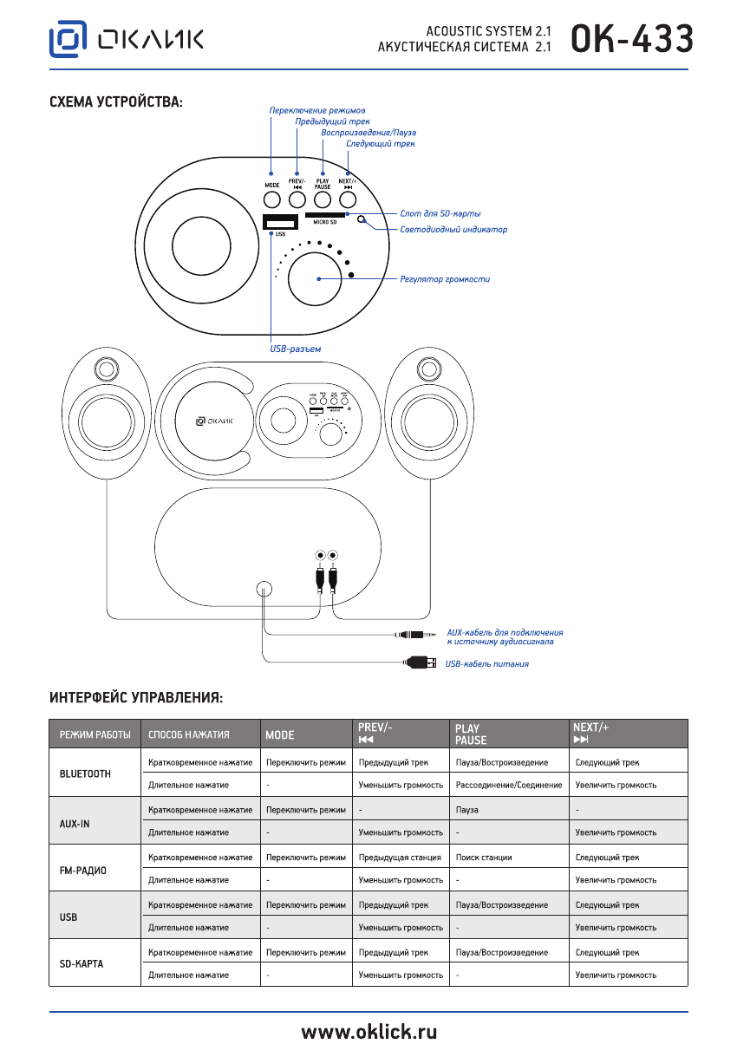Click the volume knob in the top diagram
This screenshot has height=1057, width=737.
pyautogui.click(x=319, y=278)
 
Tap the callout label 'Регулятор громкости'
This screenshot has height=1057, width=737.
pyautogui.click(x=445, y=279)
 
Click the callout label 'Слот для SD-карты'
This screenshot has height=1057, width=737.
pyautogui.click(x=440, y=213)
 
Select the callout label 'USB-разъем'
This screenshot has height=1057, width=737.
pyautogui.click(x=296, y=349)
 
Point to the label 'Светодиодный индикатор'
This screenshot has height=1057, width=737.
pyautogui.click(x=453, y=230)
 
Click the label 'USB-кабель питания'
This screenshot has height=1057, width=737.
pyautogui.click(x=486, y=664)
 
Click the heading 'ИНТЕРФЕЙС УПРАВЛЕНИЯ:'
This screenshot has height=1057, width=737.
pyautogui.click(x=136, y=697)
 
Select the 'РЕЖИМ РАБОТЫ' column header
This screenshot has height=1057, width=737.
pyautogui.click(x=95, y=734)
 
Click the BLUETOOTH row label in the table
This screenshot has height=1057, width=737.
pyautogui.click(x=85, y=773)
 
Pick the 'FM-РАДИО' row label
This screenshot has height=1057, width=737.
pyautogui.click(x=82, y=869)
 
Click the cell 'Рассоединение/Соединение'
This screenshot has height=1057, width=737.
pyautogui.click(x=508, y=785)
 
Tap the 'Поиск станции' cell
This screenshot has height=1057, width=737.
pyautogui.click(x=484, y=857)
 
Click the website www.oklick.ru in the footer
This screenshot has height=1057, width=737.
pyautogui.click(x=368, y=1033)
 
